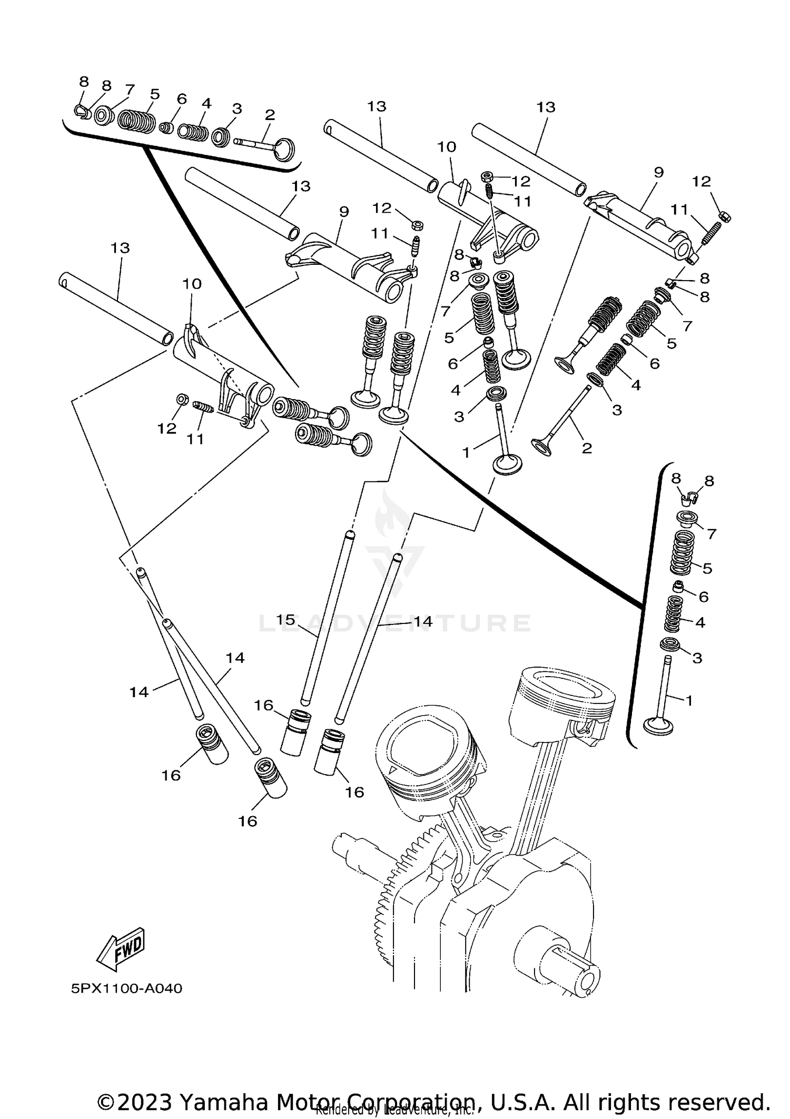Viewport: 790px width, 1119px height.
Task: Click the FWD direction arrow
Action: (121, 949)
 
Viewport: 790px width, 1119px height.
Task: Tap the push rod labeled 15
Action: (327, 621)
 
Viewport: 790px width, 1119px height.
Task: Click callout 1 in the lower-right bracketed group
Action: (689, 700)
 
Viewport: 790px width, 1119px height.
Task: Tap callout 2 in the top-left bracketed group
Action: (270, 115)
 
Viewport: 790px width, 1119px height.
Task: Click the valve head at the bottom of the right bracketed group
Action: (658, 727)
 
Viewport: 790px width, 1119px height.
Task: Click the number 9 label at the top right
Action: (658, 172)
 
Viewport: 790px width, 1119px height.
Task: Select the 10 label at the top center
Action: (447, 147)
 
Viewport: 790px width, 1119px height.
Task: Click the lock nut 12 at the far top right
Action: (725, 215)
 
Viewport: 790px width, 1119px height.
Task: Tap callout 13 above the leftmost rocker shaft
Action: (120, 248)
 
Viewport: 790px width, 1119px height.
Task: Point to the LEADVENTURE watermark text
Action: (395, 623)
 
